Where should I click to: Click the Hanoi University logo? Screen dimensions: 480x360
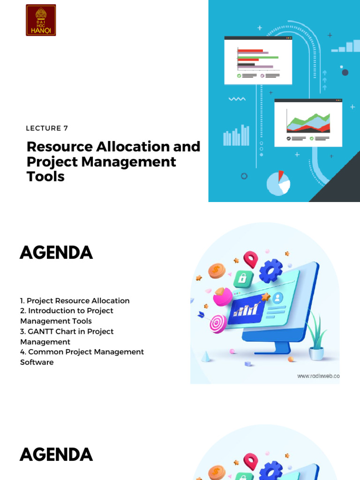point(41,20)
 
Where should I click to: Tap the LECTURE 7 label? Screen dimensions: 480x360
point(47,128)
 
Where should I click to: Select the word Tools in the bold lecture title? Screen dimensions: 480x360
point(45,176)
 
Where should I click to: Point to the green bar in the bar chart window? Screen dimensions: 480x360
point(258,57)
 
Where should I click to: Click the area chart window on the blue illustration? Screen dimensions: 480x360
point(308,123)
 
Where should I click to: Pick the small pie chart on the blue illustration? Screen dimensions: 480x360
point(278,183)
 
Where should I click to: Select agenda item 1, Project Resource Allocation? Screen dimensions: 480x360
point(75,300)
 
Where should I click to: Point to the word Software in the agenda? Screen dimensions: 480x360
point(37,362)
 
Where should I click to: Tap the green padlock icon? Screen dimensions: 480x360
point(243,278)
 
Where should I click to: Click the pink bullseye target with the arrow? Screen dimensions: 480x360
point(217,322)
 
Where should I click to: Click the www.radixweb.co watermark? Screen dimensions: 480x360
point(318,376)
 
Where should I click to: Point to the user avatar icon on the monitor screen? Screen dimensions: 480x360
point(278,297)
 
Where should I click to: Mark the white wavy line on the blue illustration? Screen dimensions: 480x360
point(237,99)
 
